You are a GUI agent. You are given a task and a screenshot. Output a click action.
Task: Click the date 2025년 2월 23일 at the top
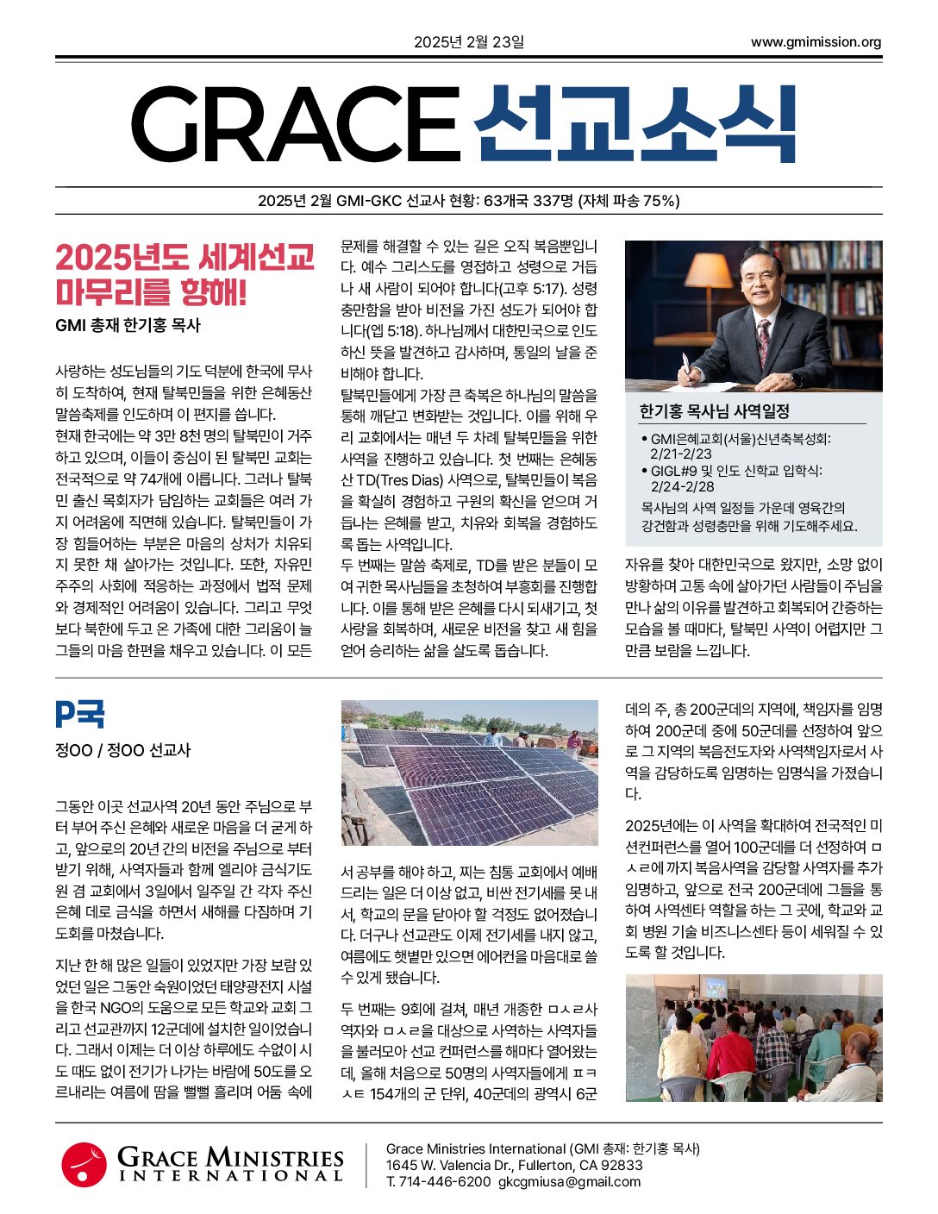(468, 41)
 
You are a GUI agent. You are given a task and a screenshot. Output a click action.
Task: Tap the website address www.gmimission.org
(816, 41)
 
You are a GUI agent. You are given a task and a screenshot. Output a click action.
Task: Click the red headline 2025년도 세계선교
(184, 257)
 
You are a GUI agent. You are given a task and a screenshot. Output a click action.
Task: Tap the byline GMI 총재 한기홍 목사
(128, 325)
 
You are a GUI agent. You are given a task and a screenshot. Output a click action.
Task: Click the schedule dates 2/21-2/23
(681, 454)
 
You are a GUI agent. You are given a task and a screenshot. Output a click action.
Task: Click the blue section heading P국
(79, 715)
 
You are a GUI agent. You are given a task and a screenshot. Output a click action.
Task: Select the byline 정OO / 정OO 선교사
(122, 750)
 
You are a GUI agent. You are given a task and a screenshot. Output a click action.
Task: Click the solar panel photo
(469, 773)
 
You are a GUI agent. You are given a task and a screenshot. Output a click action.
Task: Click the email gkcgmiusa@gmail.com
(569, 1181)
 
